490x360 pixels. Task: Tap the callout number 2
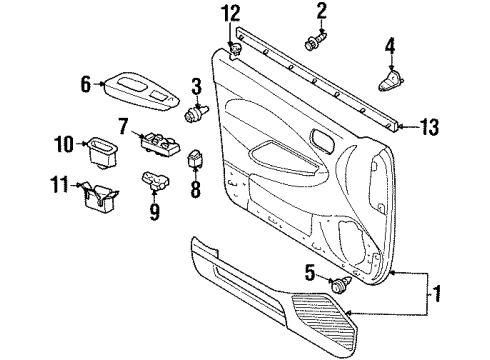click(x=322, y=11)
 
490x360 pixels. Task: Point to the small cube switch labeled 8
click(x=197, y=159)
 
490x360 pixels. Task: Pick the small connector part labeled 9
click(x=154, y=180)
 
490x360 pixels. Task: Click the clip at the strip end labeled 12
click(x=236, y=50)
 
